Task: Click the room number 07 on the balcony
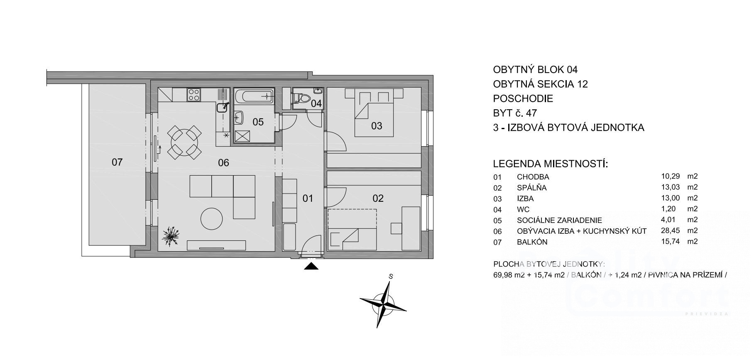[x=117, y=162]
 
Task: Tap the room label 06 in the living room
[x=223, y=163]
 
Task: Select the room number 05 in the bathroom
[x=258, y=122]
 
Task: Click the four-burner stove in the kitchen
[x=193, y=95]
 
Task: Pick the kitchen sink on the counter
[x=222, y=107]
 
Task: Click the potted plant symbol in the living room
[x=171, y=237]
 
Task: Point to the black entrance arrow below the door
[x=311, y=267]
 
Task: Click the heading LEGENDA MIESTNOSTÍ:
[x=550, y=164]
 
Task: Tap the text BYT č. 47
[x=515, y=113]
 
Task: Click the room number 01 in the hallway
[x=308, y=198]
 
